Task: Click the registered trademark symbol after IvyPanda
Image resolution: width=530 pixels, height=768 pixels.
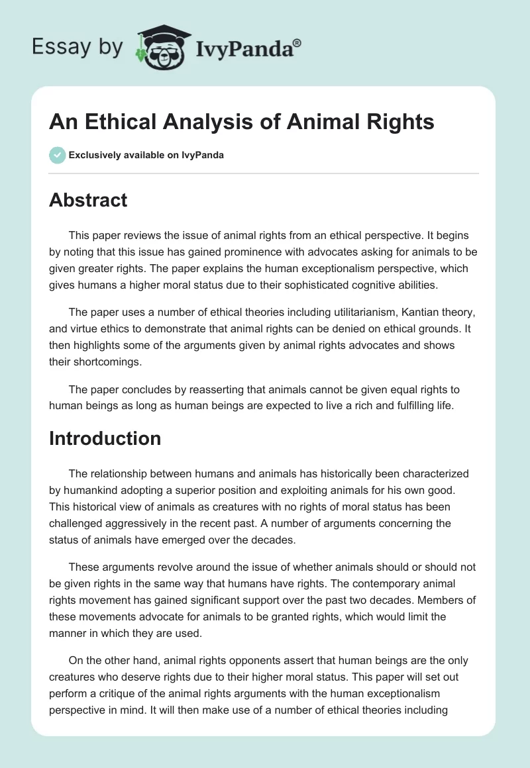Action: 297,43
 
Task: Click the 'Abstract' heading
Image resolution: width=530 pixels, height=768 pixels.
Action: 88,201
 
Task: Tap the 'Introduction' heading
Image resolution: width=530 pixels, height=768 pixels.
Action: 105,438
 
